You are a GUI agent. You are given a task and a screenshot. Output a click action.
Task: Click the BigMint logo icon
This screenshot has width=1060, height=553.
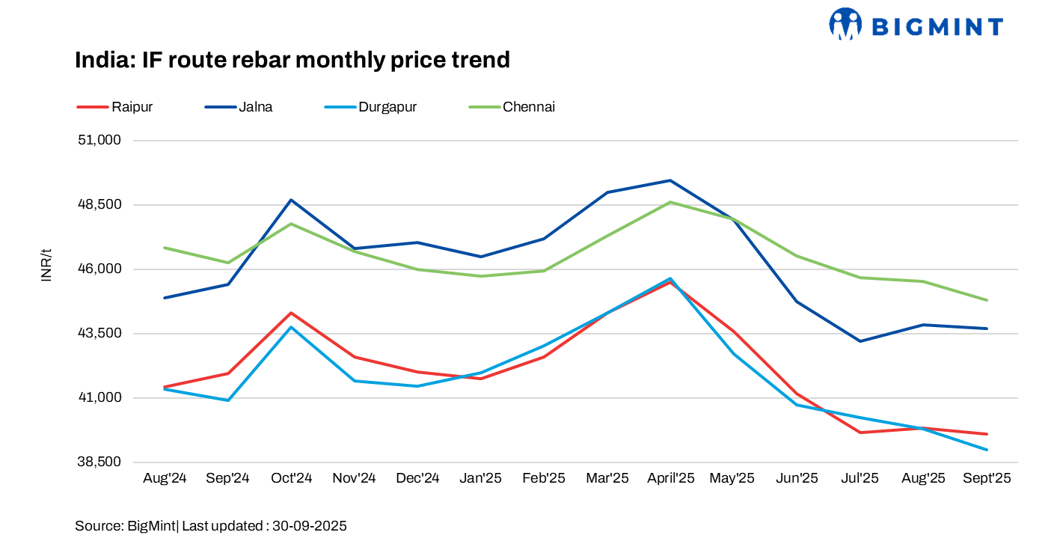(845, 24)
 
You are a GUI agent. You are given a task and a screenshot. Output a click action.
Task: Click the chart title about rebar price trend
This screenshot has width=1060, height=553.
(292, 60)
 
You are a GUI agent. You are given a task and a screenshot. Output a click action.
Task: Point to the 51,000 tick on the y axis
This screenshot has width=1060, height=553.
(99, 141)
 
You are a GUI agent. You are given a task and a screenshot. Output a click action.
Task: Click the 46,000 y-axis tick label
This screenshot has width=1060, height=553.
(99, 269)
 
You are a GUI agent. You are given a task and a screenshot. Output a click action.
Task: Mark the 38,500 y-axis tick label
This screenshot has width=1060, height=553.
(99, 462)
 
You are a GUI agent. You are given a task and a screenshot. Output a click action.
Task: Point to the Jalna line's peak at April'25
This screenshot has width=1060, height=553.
(670, 180)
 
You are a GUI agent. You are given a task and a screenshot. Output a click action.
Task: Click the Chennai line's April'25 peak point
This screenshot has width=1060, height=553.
(670, 202)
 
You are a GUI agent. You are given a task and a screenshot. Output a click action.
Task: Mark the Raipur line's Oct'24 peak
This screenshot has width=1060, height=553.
(291, 313)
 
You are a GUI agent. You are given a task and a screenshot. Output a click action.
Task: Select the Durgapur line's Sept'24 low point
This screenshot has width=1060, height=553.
(227, 400)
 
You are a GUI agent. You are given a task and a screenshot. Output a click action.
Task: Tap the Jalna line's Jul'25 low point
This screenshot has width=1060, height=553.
(860, 341)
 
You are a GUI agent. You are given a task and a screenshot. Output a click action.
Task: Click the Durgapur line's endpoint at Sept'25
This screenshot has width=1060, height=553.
(987, 450)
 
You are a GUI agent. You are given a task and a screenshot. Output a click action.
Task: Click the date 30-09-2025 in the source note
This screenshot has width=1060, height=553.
(309, 526)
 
